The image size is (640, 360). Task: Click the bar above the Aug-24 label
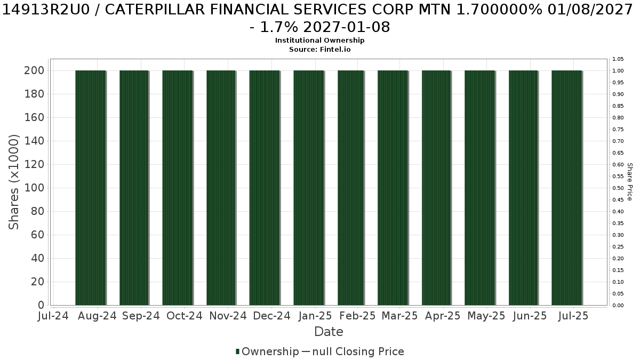pos(91,188)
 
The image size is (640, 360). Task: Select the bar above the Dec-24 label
pos(265,188)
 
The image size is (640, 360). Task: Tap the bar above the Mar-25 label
pos(393,188)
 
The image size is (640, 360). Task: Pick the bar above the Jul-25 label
pos(567,188)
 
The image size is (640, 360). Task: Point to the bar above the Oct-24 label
pos(178,188)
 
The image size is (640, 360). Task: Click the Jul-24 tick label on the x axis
pos(53,316)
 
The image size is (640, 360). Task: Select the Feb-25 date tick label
pos(357,316)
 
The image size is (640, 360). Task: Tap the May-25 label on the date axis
pos(486,316)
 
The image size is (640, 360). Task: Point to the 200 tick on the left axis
pos(34,70)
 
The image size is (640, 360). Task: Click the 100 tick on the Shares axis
pos(34,188)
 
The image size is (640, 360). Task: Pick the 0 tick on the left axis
pos(41,305)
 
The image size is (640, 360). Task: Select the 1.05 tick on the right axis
pos(618,59)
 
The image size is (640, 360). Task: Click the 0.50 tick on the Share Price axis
pos(618,188)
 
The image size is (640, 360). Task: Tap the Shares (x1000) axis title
pos(13,182)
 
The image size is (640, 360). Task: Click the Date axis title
pos(329,332)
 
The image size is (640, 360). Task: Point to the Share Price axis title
pos(630,182)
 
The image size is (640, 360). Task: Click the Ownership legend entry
pos(267,351)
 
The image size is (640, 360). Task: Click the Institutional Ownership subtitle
pos(319,41)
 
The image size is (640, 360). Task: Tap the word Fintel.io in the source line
pos(335,50)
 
